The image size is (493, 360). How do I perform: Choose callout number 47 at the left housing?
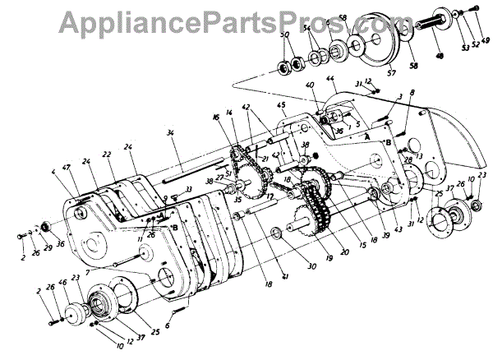pyautogui.click(x=65, y=167)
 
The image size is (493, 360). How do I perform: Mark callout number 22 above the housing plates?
pyautogui.click(x=107, y=154)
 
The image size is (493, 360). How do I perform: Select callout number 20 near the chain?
pyautogui.click(x=344, y=251)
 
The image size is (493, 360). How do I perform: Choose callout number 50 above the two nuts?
pyautogui.click(x=285, y=37)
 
